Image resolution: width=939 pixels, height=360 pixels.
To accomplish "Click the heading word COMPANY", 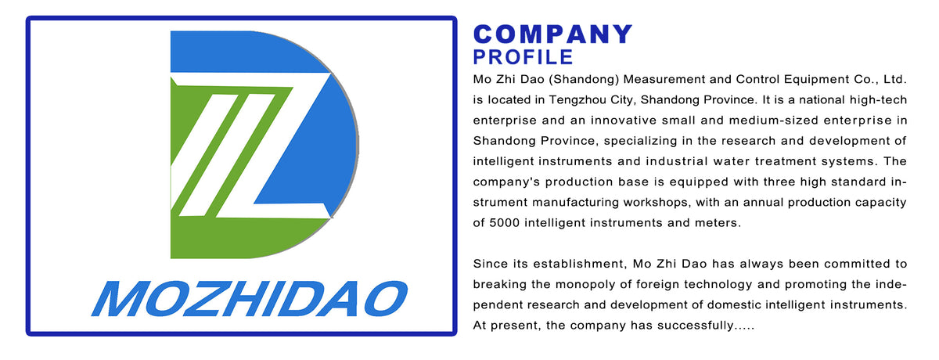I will (x=552, y=34).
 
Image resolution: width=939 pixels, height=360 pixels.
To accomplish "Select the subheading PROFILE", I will (x=523, y=57).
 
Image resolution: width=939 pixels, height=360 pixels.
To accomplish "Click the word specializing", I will (x=634, y=141).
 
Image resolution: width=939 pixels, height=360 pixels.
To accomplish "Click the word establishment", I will (x=567, y=263).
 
